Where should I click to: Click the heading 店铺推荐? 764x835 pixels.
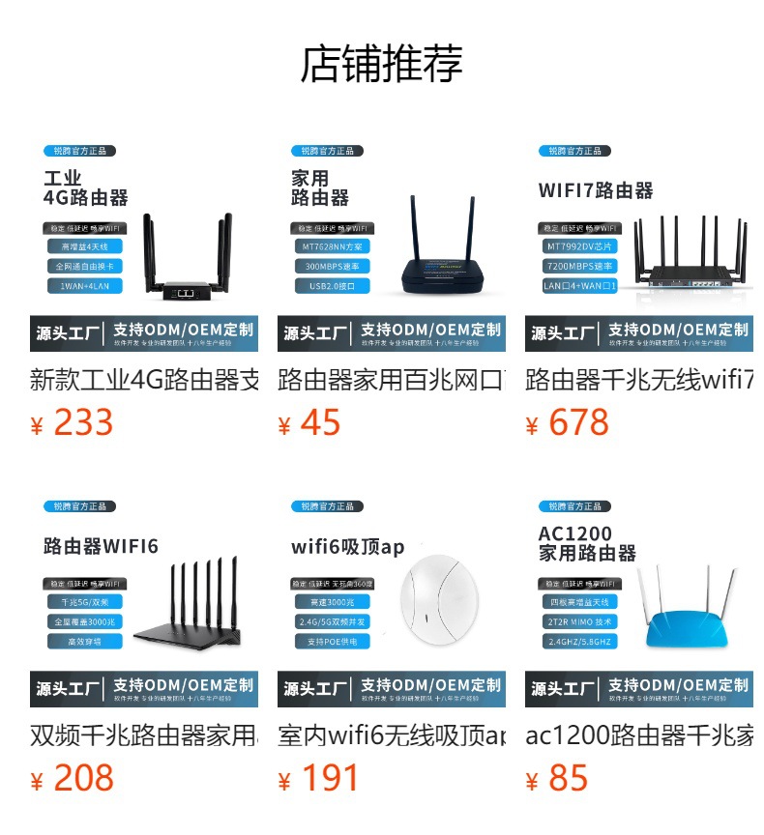click(382, 64)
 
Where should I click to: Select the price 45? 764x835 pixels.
click(319, 423)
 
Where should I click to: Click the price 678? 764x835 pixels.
click(577, 423)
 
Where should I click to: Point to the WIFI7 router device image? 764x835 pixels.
click(690, 256)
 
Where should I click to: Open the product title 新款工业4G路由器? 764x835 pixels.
click(144, 379)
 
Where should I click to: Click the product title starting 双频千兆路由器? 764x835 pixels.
click(144, 734)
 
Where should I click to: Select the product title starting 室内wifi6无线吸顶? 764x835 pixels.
click(392, 734)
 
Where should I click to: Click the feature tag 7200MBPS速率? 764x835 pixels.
click(577, 266)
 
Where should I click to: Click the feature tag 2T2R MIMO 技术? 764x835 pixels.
click(577, 621)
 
